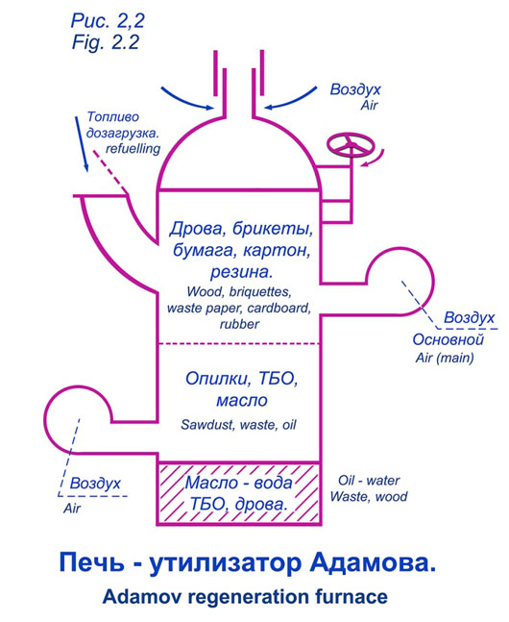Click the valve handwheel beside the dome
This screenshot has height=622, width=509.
pos(351,145)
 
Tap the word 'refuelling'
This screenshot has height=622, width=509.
pos(133,149)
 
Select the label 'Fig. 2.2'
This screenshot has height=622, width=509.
pos(106,41)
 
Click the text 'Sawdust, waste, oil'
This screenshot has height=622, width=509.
pos(238,425)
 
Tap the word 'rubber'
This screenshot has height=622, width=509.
pos(239,324)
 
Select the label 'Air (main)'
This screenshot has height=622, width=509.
pos(445,358)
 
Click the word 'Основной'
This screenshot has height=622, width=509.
pos(448,339)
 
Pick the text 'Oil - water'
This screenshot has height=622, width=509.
pos(369,481)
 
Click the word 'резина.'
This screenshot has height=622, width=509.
pos(241,272)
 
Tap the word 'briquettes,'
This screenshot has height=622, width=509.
pos(260,292)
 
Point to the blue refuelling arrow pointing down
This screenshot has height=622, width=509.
pos(82,144)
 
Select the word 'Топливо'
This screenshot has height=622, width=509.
pos(113,117)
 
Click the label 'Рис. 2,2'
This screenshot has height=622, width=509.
pos(108,20)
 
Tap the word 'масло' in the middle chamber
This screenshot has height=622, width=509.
pos(241,400)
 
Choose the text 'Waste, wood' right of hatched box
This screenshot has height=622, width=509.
pos(369,497)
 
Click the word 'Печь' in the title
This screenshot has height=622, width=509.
pos(91,563)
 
